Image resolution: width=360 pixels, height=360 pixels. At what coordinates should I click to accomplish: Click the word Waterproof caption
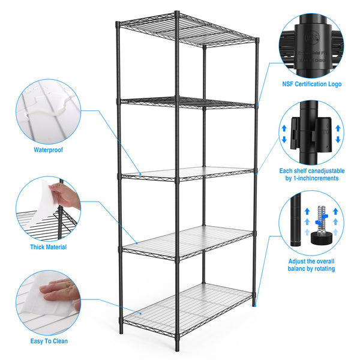[x=48, y=150]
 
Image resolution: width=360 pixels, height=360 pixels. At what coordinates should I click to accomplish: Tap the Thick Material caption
[x=48, y=247]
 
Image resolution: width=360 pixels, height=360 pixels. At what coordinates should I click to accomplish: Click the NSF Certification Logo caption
[x=311, y=85]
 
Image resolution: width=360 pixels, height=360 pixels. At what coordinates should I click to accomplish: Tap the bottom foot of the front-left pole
[x=177, y=350]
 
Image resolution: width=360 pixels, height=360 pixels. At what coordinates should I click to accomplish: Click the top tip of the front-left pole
[x=176, y=12]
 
